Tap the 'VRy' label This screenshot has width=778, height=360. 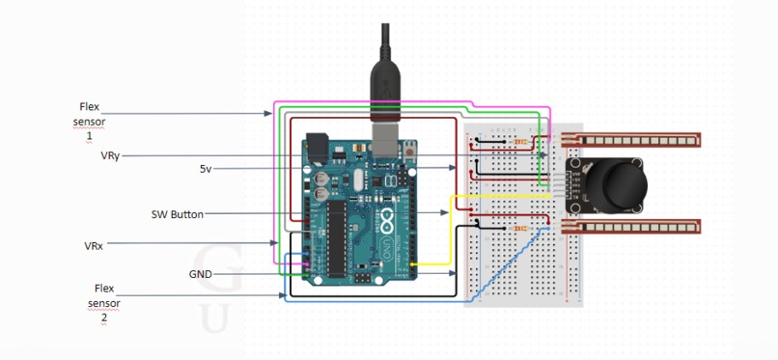[110, 155]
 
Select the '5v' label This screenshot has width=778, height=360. [205, 169]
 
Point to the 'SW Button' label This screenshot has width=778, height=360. [178, 214]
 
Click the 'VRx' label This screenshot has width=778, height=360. [94, 246]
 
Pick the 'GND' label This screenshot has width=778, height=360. [200, 274]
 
